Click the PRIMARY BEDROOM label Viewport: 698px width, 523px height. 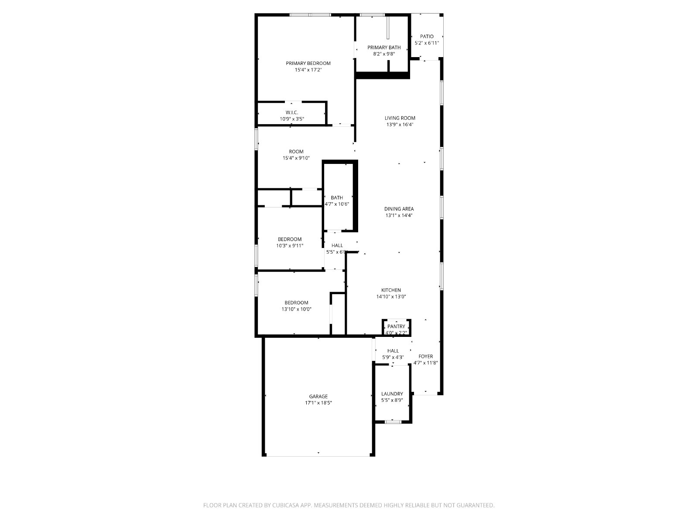point(308,63)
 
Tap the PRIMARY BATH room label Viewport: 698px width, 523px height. point(384,48)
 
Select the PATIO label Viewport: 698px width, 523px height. point(426,37)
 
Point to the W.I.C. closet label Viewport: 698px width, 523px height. point(291,112)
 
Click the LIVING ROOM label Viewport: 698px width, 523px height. point(400,118)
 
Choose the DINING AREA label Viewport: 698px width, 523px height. point(399,209)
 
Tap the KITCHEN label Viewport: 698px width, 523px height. point(391,290)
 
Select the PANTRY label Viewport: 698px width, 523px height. point(396,326)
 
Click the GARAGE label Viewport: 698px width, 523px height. point(318,396)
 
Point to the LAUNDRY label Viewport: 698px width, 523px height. point(392,394)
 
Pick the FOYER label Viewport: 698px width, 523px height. point(425,356)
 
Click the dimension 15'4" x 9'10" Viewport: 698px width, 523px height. point(296,158)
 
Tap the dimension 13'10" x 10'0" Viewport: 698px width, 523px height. point(296,309)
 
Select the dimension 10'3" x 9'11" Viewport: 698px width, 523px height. point(289,245)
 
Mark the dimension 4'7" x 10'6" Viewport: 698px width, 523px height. point(336,204)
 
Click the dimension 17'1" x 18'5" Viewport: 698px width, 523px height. point(318,403)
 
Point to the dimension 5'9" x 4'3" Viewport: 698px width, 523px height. point(393,357)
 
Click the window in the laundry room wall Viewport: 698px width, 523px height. point(393,422)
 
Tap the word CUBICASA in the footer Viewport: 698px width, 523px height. point(286,505)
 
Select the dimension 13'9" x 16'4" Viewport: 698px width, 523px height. point(400,125)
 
